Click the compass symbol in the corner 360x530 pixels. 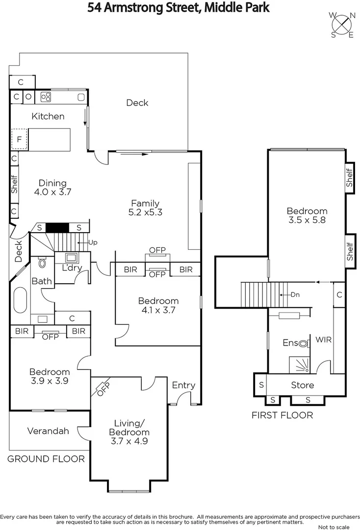click(342, 24)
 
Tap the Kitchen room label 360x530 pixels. click(48, 116)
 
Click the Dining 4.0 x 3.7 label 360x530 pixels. click(53, 188)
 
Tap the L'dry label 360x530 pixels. click(72, 268)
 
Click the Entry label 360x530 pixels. click(183, 385)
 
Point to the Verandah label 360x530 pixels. click(48, 431)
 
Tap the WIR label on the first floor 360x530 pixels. click(323, 339)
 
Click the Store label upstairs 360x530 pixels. click(303, 385)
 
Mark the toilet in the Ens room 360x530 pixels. click(304, 344)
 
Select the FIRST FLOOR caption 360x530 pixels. click(282, 415)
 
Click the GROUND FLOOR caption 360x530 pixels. click(46, 459)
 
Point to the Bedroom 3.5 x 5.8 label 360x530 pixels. click(307, 215)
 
